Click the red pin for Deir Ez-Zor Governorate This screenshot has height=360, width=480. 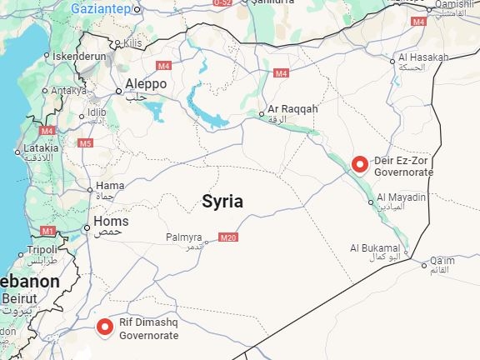360,164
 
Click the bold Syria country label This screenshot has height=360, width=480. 222,201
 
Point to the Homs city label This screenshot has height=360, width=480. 111,222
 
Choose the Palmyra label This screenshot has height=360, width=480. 184,237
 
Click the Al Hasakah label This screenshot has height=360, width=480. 423,57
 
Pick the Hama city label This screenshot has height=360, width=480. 110,186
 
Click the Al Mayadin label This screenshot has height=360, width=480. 402,197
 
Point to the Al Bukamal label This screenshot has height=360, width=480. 374,247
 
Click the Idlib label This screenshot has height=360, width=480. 97,112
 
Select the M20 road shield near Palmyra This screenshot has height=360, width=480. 229,237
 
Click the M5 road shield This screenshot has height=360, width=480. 85,143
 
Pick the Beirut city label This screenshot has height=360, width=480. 18,297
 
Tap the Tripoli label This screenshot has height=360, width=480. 42,249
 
